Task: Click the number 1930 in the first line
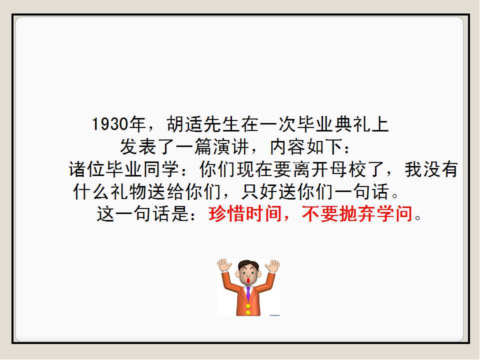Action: coord(110,124)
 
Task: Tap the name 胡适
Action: coord(185,124)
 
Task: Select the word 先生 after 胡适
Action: coord(222,124)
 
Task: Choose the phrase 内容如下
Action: coord(306,146)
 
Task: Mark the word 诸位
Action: coord(87,169)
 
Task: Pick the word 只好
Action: coord(259,191)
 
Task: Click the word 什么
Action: coord(91,191)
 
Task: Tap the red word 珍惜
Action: coord(227,213)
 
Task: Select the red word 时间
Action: coord(264,213)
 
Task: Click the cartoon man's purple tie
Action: coord(248,293)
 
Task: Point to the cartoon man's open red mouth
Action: coord(248,280)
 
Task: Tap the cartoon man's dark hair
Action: coord(248,264)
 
